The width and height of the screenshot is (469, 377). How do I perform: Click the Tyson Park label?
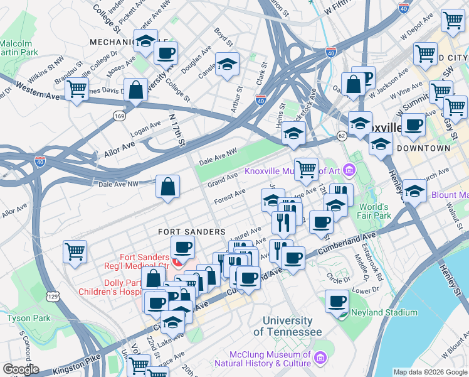tap(28, 319)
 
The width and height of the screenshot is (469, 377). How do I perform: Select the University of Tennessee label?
tap(288, 326)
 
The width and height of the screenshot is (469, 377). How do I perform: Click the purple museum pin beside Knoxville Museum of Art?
tap(349, 170)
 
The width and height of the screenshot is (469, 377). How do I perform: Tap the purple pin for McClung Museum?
tap(321, 358)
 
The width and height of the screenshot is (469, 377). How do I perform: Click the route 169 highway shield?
tap(118, 116)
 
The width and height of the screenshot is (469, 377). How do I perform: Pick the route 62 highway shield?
tap(341, 135)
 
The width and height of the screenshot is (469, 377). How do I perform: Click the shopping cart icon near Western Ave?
tap(76, 90)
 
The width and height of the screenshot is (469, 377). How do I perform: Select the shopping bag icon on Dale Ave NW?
tap(168, 187)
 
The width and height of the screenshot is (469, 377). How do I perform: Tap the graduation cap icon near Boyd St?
tap(227, 64)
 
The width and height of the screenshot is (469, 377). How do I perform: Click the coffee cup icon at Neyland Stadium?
tap(337, 302)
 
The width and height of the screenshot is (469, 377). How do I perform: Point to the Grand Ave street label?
tap(223, 181)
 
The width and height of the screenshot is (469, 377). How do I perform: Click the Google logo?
tap(21, 369)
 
